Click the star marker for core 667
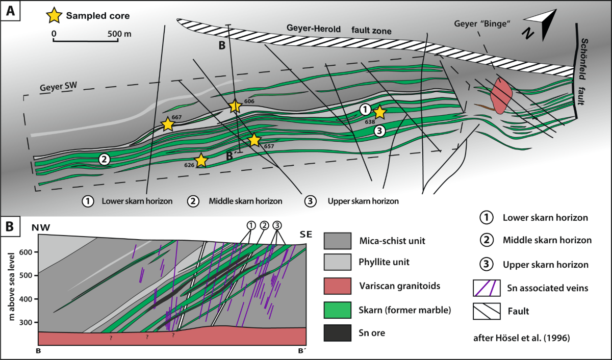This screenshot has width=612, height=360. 167,124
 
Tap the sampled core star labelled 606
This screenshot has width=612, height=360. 235,106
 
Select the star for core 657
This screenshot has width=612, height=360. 254,140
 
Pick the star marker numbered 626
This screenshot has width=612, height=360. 201,160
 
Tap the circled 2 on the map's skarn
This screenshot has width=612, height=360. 104,160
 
